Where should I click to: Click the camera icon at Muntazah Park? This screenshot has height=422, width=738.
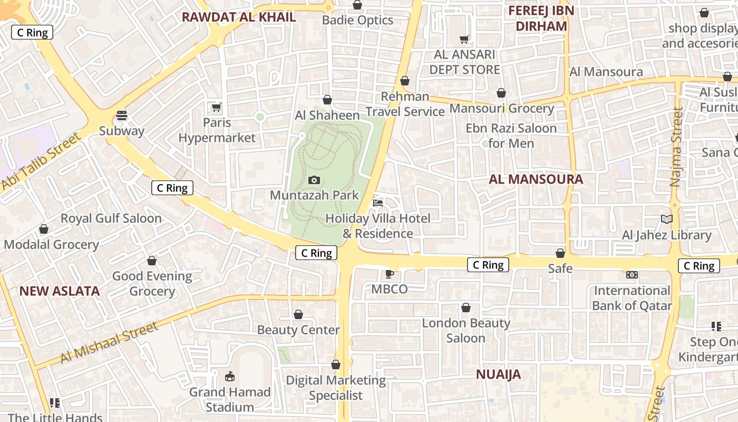314,180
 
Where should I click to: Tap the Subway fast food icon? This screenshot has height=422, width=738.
122,115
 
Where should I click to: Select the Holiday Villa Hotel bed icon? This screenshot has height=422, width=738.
378,203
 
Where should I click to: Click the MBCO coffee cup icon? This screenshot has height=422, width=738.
389,273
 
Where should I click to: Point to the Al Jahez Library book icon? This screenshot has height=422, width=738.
667,219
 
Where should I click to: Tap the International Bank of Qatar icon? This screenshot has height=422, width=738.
632,275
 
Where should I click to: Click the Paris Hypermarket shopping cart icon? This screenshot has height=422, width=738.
216,107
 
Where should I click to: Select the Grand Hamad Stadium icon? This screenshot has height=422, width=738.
230,376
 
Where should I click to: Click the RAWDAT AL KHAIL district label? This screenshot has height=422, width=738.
239,17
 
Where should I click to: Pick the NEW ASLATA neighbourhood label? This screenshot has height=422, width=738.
60,291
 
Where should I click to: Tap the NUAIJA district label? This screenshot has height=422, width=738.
498,375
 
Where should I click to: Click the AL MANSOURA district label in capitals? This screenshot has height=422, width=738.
536,179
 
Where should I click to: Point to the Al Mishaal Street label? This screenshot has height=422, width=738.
109,343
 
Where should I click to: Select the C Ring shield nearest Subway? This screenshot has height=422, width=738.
172,188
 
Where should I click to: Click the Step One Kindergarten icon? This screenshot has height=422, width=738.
716,327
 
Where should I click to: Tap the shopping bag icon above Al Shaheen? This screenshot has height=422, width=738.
327,100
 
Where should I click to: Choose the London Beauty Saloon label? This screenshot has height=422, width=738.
466,331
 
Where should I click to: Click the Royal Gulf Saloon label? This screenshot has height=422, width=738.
111,218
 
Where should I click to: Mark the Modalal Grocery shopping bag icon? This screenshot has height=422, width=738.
44,229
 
